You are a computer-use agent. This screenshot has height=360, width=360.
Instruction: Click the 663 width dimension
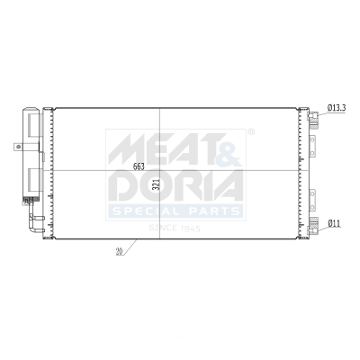138,166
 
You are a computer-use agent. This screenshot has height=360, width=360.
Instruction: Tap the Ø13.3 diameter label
337,108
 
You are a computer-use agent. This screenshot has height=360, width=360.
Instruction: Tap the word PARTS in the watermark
211,211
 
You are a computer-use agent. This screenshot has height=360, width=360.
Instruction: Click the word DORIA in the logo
175,184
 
